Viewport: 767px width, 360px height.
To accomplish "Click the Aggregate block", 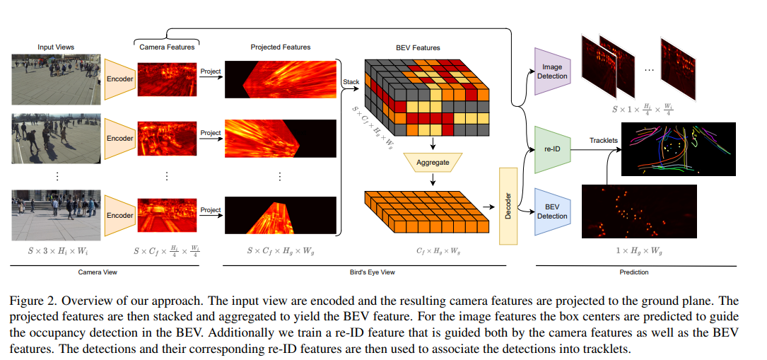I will (x=432, y=163).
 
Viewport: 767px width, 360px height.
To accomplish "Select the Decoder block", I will (x=508, y=206).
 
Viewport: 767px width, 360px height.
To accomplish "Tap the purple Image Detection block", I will (x=551, y=71).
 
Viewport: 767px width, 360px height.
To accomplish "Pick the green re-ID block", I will (x=551, y=149).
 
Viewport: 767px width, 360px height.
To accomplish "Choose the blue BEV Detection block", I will (x=551, y=211).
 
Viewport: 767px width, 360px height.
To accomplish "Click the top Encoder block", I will (x=119, y=79).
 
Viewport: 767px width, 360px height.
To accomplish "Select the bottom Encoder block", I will (x=119, y=216).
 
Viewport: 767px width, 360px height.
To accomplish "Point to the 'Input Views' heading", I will (x=56, y=47).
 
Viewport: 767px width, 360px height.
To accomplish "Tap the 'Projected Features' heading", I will (x=281, y=47).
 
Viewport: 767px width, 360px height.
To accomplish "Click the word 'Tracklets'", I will (x=603, y=140).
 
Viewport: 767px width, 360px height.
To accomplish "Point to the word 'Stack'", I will (x=351, y=82).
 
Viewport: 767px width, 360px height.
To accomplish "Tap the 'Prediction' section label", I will (x=633, y=272).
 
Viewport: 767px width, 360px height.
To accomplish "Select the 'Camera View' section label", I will (x=97, y=272).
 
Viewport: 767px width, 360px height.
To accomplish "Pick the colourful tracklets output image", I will (x=678, y=149).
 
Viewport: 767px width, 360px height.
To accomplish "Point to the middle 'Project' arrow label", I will (x=210, y=133).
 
